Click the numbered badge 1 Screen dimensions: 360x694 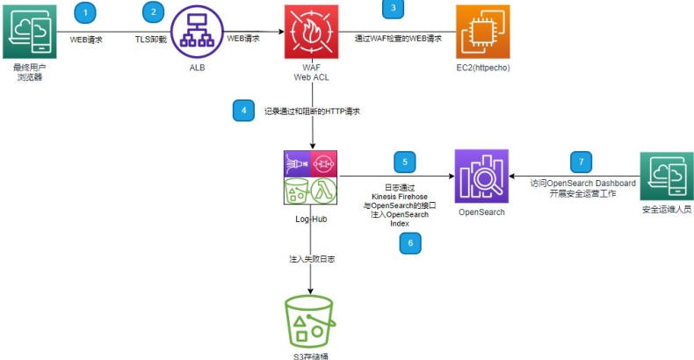tap(85, 11)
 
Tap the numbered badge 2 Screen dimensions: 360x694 tap(155, 11)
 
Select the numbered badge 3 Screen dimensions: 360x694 tap(393, 8)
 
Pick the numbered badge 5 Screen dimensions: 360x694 tap(405, 161)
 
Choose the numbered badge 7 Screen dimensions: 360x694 tap(581, 162)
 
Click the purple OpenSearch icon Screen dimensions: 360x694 tap(481, 176)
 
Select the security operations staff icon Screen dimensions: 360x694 tap(666, 178)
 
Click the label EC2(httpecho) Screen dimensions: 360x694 tap(483, 67)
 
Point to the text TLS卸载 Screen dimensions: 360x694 tap(151, 40)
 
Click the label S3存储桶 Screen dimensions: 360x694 tap(311, 356)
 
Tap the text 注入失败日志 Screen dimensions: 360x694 tap(311, 260)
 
